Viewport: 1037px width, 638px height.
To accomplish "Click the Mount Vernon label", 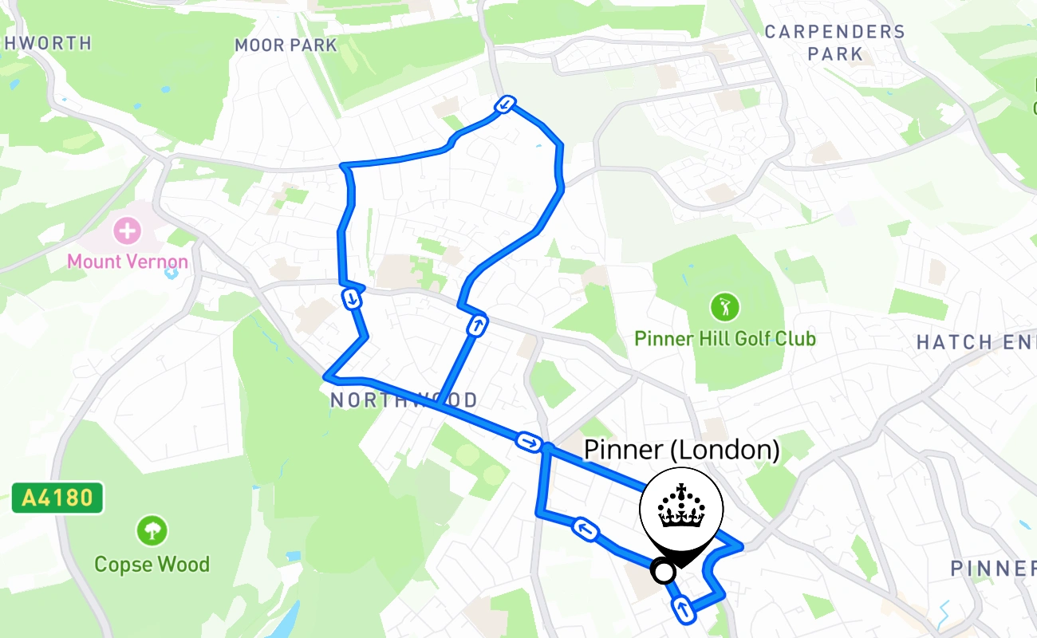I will [x=128, y=261].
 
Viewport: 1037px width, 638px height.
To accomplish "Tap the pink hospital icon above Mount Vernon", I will [x=127, y=232].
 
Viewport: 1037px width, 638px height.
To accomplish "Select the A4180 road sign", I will [x=57, y=498].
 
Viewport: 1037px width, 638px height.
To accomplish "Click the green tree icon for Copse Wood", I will [x=152, y=530].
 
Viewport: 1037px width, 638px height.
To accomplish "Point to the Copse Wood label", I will [x=152, y=565].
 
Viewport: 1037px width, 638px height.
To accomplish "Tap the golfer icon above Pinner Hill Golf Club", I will [x=725, y=306].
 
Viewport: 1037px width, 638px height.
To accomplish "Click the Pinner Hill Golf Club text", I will [x=725, y=339].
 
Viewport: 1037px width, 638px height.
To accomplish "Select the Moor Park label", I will [x=286, y=45].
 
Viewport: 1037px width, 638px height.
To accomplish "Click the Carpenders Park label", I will [x=834, y=43].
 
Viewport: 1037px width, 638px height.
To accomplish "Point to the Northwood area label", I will [x=404, y=400].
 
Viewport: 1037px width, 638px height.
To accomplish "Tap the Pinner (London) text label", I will [x=681, y=450].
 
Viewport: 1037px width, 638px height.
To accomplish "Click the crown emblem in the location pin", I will [x=681, y=507].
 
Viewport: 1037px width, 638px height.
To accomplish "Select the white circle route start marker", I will [x=663, y=571].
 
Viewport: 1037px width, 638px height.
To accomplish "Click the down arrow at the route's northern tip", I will [x=505, y=104].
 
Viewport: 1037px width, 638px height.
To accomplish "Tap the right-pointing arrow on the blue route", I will [x=528, y=441].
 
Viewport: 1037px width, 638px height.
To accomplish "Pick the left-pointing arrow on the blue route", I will [x=586, y=529].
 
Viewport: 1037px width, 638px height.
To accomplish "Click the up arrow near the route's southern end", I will [x=683, y=609].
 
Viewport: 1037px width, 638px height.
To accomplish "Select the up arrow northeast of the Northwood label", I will [x=477, y=325].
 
